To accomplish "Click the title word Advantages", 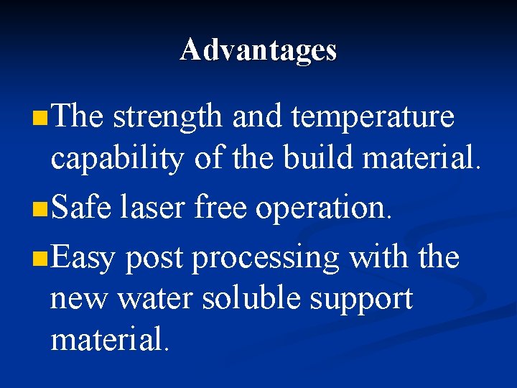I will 258,50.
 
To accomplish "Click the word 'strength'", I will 168,117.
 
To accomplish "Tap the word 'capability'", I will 116,160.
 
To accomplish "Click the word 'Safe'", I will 82,208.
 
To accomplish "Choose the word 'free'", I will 219,208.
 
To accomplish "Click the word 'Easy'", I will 83,257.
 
